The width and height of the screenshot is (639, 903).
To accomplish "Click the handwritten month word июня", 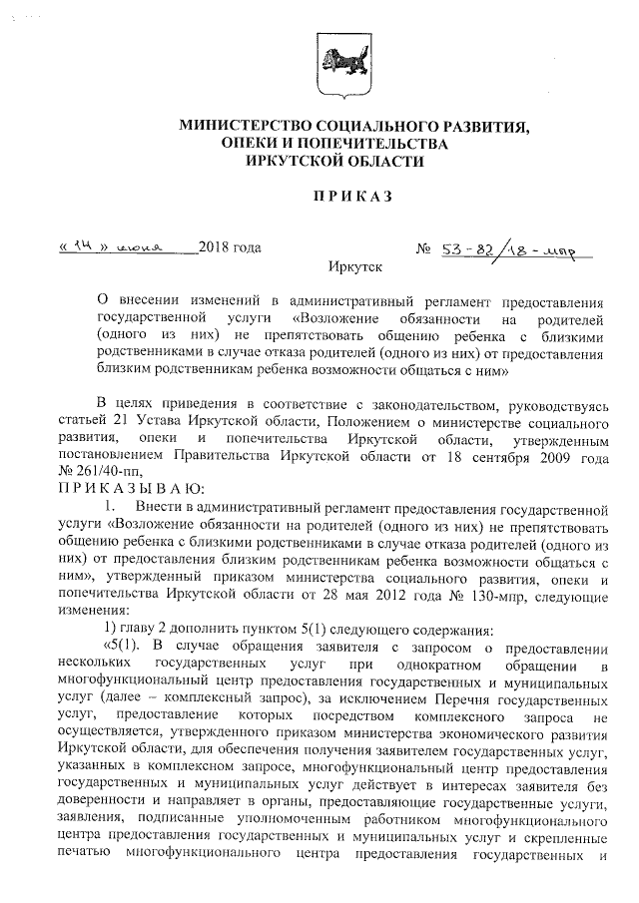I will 140,246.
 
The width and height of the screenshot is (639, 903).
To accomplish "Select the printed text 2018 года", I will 230,247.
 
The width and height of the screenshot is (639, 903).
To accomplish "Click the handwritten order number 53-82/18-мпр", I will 509,246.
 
